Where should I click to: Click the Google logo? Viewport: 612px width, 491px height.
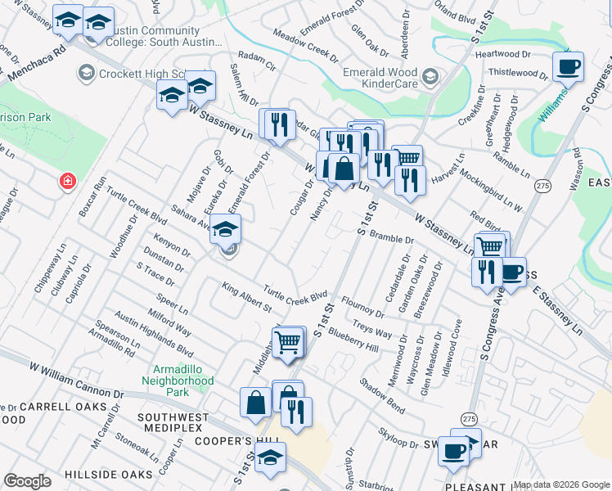tap(27, 481)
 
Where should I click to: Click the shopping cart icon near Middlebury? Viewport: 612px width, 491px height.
tap(288, 343)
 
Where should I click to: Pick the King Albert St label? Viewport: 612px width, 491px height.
tap(246, 296)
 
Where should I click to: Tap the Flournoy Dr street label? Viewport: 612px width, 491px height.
tap(362, 307)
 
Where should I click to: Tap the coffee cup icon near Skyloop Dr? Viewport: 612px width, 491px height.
tap(453, 449)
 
